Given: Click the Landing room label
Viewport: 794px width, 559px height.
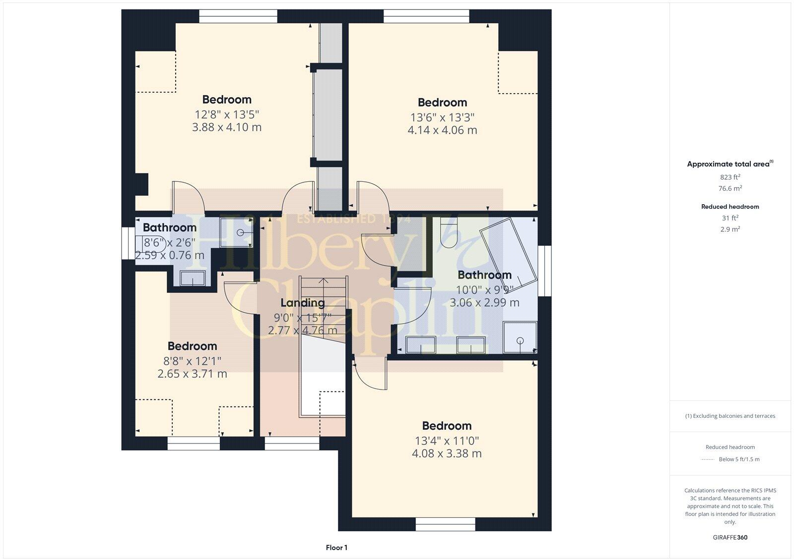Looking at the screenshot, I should [303, 303].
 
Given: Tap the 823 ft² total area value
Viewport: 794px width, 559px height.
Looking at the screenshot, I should [730, 177].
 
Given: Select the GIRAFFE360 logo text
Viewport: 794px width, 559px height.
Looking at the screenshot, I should [730, 537].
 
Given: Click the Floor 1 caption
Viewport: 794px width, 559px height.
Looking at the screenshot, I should [336, 548].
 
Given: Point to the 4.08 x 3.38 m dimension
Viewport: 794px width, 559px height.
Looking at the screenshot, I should [447, 453].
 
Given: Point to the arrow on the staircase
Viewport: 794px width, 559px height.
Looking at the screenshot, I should [323, 282].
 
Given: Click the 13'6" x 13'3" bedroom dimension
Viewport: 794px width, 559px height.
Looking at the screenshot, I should [442, 117].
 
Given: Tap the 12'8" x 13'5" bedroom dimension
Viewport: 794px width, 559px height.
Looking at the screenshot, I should [227, 114].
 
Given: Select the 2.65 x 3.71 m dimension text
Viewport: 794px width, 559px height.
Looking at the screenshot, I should [192, 374].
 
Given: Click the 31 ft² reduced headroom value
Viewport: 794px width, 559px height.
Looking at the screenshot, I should [730, 218].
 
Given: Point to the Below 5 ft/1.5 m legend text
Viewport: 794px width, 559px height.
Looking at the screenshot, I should [739, 459].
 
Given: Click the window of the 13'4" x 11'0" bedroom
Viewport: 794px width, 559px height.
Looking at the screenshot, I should [445, 524].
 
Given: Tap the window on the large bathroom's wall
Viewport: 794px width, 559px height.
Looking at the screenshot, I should [544, 271].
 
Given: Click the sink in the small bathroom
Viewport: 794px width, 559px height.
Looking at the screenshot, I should [194, 279].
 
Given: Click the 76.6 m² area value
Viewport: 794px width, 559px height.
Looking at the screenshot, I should [730, 188].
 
